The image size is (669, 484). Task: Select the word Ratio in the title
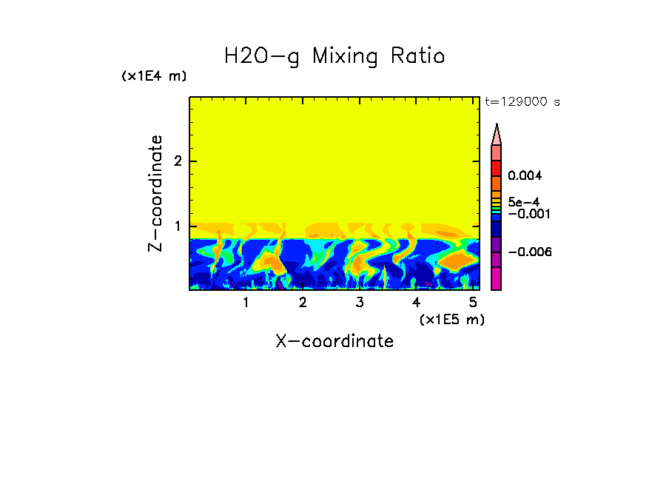pos(418,56)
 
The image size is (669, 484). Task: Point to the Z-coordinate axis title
pos(155,193)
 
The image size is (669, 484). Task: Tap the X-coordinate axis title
pos(334,341)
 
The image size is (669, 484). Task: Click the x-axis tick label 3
pos(360,303)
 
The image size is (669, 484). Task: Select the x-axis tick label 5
pos(473,303)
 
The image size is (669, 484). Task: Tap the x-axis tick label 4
pos(417,303)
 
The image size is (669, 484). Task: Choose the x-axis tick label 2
pos(303,303)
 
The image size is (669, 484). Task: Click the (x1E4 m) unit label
pos(154,76)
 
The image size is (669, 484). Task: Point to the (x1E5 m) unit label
pos(451,319)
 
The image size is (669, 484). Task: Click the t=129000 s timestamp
pos(522,101)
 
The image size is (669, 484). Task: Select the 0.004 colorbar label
pos(525,176)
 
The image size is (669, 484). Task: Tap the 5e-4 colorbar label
pos(524,201)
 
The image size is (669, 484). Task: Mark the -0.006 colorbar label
pos(529,252)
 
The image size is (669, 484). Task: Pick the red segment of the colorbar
pos(497,168)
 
